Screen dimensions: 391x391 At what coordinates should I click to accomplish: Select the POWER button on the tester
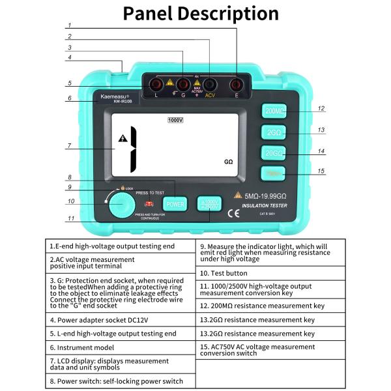(x=175, y=203)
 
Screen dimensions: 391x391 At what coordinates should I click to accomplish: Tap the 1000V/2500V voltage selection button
(x=210, y=203)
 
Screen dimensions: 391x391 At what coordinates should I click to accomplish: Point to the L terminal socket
(x=156, y=85)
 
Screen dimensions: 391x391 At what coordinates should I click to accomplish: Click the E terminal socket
(x=238, y=85)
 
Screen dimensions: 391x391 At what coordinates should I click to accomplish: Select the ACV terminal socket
(x=210, y=85)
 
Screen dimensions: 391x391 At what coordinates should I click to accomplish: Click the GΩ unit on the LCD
(x=228, y=160)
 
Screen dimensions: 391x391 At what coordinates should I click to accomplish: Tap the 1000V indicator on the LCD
(x=175, y=121)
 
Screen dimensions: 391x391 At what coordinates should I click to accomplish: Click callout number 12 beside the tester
(x=321, y=109)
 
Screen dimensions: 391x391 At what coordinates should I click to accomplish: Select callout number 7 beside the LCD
(x=69, y=146)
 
